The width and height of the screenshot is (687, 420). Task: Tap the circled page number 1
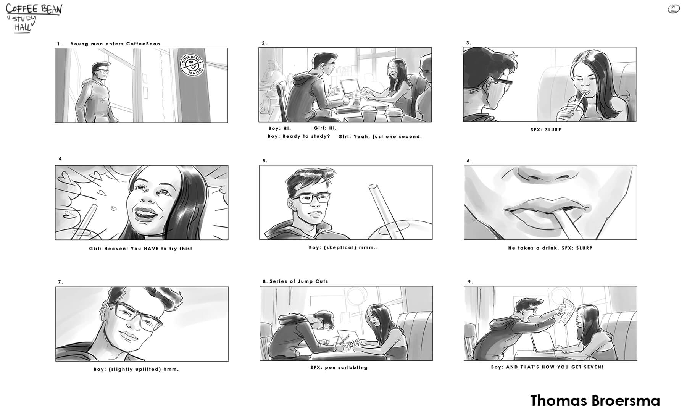click(674, 9)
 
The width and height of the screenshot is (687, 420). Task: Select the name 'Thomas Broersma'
click(595, 401)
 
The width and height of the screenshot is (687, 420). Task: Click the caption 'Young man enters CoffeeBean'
click(115, 44)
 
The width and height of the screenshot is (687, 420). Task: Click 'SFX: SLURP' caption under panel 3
click(546, 130)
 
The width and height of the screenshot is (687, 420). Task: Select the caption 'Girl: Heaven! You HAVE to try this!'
click(140, 249)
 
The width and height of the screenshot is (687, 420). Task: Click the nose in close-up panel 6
click(530, 176)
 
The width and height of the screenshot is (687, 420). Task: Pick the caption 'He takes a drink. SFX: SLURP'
click(550, 248)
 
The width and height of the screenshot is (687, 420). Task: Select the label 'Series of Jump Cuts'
click(299, 281)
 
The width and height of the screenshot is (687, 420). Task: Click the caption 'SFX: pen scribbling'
click(339, 368)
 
